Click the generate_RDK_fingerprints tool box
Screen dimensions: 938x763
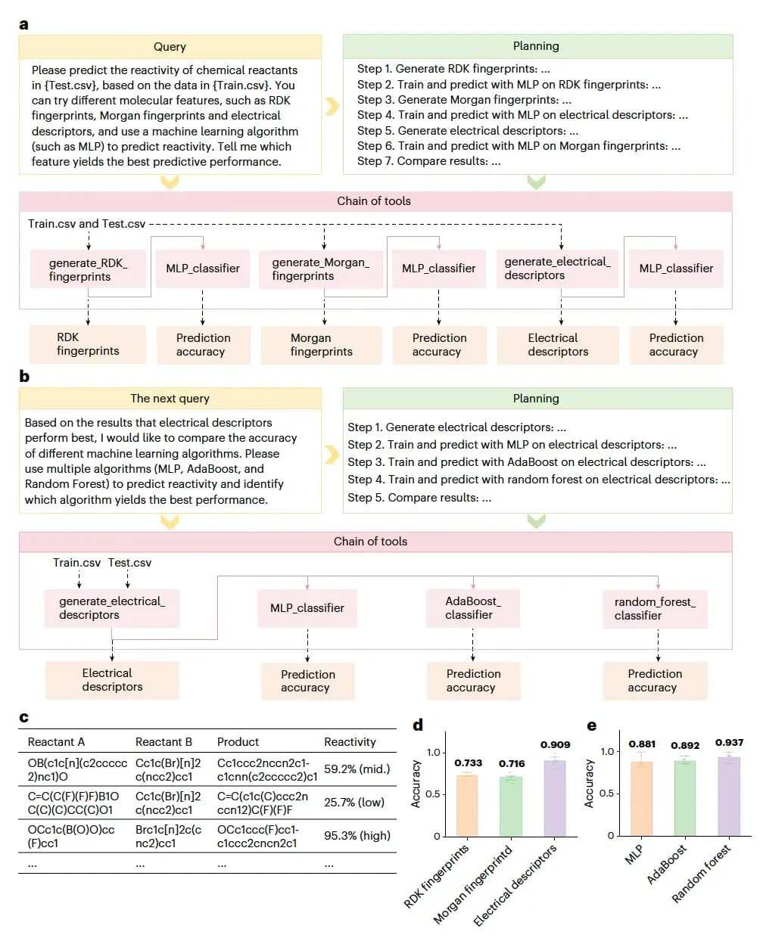pyautogui.click(x=88, y=269)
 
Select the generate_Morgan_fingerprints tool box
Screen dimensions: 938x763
pyautogui.click(x=320, y=269)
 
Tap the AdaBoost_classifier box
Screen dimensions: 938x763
pyautogui.click(x=472, y=608)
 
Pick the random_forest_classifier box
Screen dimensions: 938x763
pyautogui.click(x=655, y=609)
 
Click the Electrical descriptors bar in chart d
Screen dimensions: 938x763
pyautogui.click(x=554, y=798)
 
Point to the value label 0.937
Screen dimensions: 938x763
pyautogui.click(x=729, y=743)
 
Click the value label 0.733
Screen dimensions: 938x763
pyautogui.click(x=468, y=763)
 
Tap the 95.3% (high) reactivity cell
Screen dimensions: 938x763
pyautogui.click(x=357, y=836)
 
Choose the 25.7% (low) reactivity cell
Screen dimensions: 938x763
pyautogui.click(x=354, y=803)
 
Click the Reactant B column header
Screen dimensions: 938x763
pyautogui.click(x=163, y=742)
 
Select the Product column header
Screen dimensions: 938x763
pyautogui.click(x=238, y=742)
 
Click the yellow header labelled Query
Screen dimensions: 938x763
pyautogui.click(x=170, y=47)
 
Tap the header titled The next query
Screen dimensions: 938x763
pyautogui.click(x=170, y=399)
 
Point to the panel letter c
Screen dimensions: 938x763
pyautogui.click(x=24, y=717)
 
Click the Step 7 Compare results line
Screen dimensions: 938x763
pyautogui.click(x=428, y=161)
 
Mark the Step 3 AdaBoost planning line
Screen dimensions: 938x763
pyautogui.click(x=526, y=462)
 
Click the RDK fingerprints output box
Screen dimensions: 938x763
pyautogui.click(x=88, y=344)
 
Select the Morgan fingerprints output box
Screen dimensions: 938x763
pyautogui.click(x=320, y=344)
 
